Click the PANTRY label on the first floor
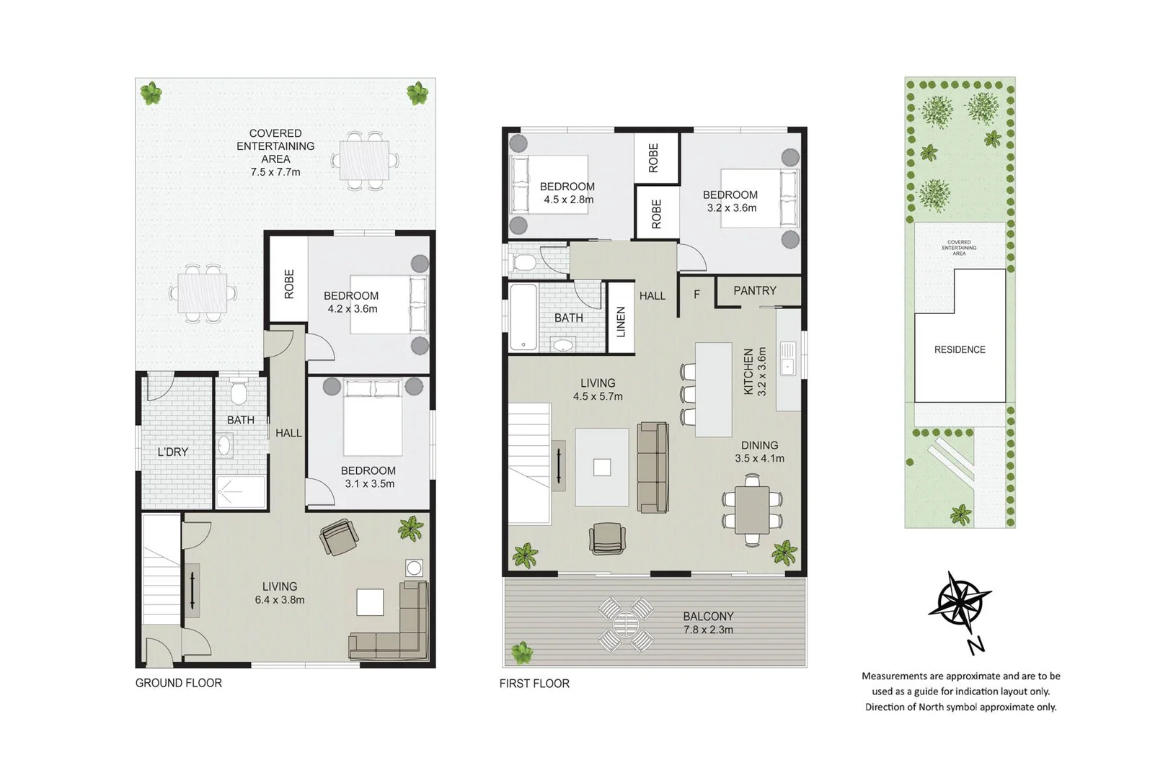[755, 291]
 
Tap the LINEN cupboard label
[621, 321]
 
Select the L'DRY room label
[173, 452]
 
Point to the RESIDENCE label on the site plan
[960, 350]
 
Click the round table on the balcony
[625, 624]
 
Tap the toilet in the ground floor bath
[239, 392]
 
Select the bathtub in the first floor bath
[523, 317]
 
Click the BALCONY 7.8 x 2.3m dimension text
[708, 630]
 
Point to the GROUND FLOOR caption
[179, 683]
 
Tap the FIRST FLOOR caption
[534, 684]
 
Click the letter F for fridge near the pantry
[696, 295]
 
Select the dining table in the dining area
[752, 509]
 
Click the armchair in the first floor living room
[607, 538]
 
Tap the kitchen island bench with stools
[713, 389]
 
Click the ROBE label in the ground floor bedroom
[289, 284]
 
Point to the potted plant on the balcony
[521, 653]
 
